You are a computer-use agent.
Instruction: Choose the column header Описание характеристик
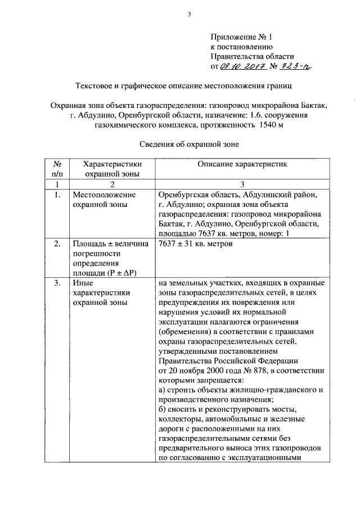[242, 164]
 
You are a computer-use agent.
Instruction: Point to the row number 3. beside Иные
[57, 283]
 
